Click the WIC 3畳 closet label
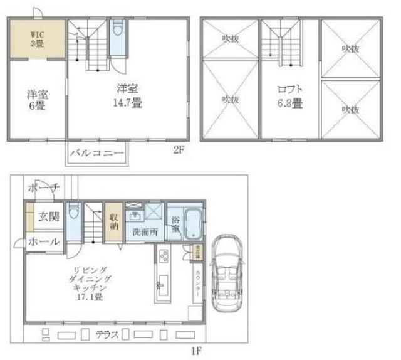click(x=36, y=38)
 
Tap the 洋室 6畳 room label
click(x=37, y=101)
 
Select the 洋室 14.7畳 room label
click(x=127, y=95)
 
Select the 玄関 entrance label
click(x=49, y=217)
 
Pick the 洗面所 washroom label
click(x=144, y=231)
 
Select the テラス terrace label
click(x=107, y=334)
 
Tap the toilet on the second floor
click(x=117, y=31)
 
